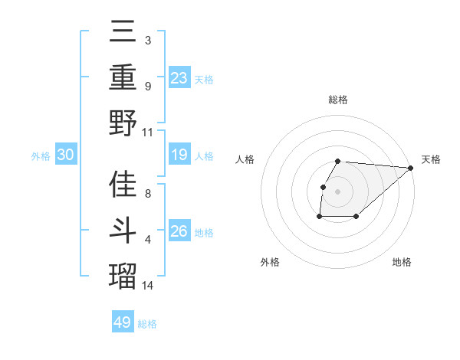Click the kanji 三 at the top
point(123,32)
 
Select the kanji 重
point(123,77)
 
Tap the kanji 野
point(123,123)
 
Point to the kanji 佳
point(123,185)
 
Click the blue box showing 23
point(179,77)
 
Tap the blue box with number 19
point(179,155)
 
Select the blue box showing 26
point(179,232)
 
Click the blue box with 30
point(66,155)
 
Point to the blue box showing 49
point(123,322)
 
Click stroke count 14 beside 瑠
point(148,286)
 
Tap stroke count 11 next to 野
point(148,132)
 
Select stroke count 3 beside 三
point(147,40)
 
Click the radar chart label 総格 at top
point(338,100)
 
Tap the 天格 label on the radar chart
point(431,160)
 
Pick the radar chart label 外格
point(270,262)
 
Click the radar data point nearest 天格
point(410,168)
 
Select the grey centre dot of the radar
point(337,191)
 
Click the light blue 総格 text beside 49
point(147,324)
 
